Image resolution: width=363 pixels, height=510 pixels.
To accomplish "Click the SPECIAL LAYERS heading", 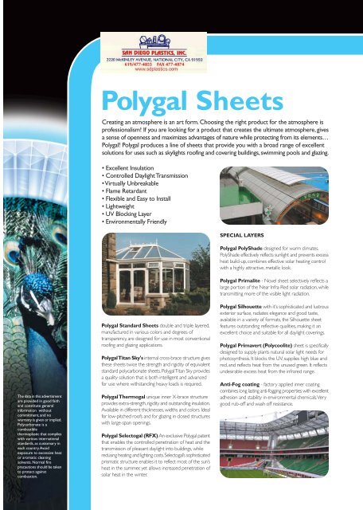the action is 240,236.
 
